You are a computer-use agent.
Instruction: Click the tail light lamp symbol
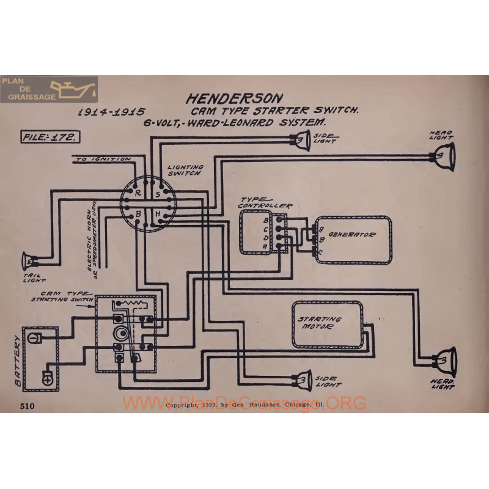pos(28,261)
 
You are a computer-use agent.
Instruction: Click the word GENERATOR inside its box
pos(351,234)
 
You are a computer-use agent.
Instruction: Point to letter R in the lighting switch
pos(138,192)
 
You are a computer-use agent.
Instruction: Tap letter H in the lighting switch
pos(157,213)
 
